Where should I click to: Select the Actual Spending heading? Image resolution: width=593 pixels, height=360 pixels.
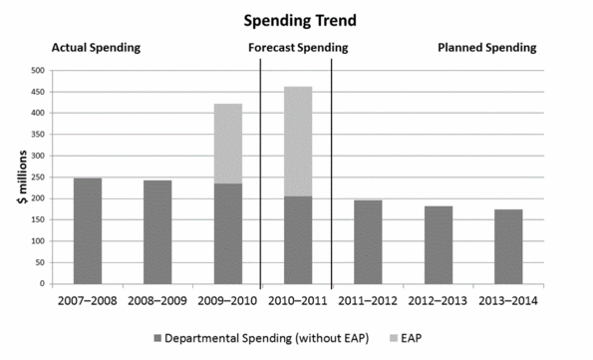point(96,47)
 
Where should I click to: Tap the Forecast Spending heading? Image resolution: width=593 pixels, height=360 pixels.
point(298,47)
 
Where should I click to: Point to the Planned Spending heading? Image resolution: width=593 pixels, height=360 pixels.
point(487,47)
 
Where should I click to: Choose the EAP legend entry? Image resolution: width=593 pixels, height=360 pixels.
point(433,337)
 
